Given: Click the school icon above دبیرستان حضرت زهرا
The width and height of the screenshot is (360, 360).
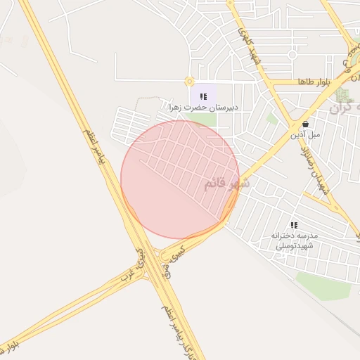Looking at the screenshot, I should [x=204, y=96].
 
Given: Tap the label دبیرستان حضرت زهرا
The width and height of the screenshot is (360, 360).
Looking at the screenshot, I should [x=204, y=108].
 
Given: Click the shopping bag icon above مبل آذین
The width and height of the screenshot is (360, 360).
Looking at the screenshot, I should [x=304, y=122].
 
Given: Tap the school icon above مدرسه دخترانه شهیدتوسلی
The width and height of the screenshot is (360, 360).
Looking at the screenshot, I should [x=294, y=225].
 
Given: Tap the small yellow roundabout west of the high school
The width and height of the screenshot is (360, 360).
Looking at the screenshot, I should [x=188, y=82].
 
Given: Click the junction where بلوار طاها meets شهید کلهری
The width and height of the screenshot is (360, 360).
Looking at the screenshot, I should [x=270, y=82].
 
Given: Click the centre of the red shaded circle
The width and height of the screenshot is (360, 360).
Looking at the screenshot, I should [x=180, y=180].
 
